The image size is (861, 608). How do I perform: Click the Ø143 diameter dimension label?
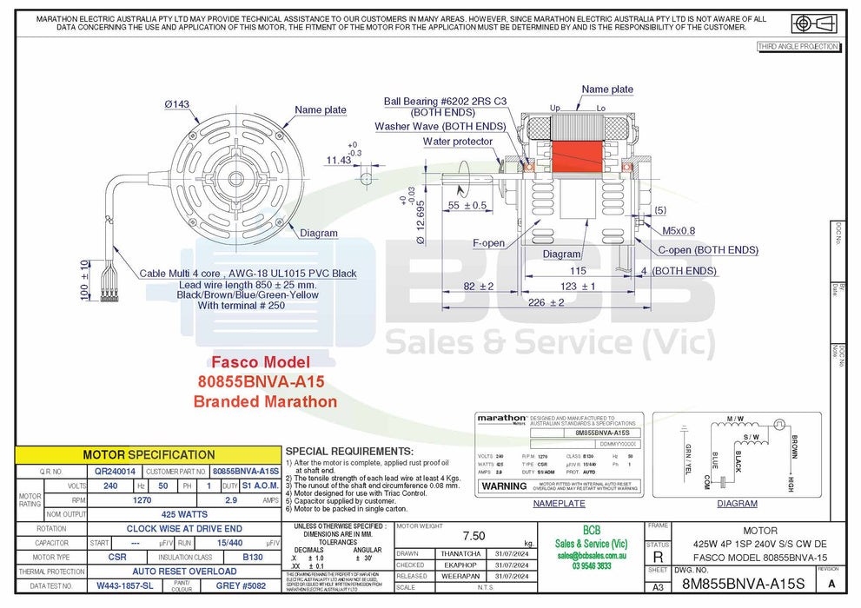178,104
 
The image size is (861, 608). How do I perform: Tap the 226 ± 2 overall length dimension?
546,302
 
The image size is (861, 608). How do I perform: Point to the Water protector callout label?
458,142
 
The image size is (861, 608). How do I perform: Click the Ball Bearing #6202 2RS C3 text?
445,102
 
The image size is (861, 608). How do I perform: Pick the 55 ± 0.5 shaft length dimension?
467,206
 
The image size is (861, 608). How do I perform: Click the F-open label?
488,243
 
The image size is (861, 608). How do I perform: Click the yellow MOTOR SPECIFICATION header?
149,454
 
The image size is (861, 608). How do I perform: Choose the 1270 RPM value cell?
142,500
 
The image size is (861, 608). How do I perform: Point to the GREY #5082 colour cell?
239,586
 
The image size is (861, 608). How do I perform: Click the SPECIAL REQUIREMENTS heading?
348,452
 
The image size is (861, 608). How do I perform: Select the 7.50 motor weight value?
474,536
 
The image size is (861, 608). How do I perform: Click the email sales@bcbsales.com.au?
591,554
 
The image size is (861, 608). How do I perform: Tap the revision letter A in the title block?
832,584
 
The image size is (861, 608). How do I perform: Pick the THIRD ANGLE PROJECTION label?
798,47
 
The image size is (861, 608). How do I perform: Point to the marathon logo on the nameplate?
501,419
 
